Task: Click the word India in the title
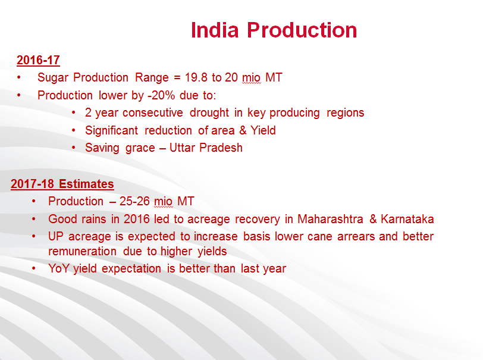tap(215, 30)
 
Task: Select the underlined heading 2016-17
tap(38, 60)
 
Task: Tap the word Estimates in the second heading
tap(86, 184)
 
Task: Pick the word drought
tap(209, 113)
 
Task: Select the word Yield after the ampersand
tap(263, 130)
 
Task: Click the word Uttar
tap(183, 148)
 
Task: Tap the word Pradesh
tap(221, 148)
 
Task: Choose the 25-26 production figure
tap(134, 201)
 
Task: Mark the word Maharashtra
tap(330, 219)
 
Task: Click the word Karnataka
tap(407, 219)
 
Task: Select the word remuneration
tap(82, 252)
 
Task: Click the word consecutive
tap(152, 113)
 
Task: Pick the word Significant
tap(111, 131)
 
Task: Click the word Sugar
tap(53, 78)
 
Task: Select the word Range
tap(152, 78)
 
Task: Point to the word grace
tap(140, 148)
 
